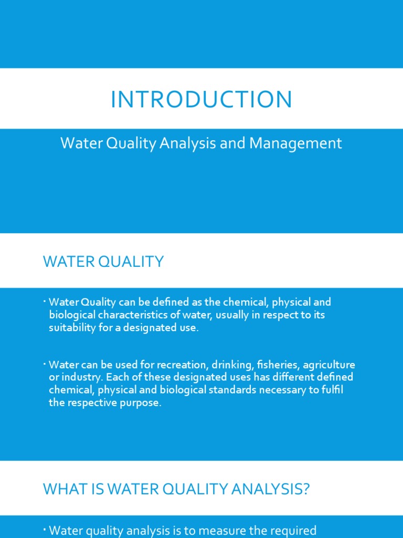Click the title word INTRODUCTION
[201, 100]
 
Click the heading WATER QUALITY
[103, 262]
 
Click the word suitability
[71, 328]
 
